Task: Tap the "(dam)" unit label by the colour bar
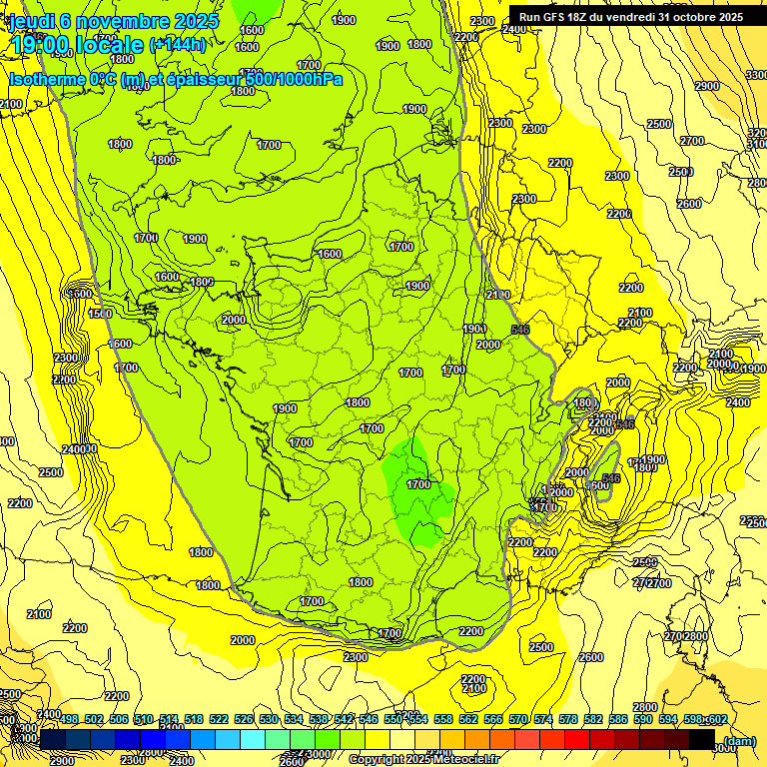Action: click(x=739, y=741)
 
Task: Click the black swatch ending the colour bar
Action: click(x=702, y=738)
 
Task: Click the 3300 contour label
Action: click(x=757, y=76)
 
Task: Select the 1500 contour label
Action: click(x=100, y=314)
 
